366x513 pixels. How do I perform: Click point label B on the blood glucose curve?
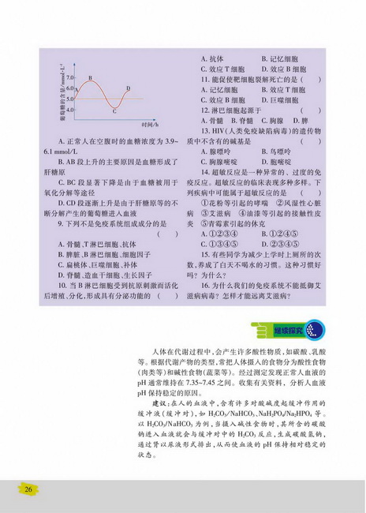point(91,77)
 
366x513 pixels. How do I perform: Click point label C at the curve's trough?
point(115,111)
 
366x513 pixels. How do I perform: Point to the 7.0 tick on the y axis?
point(69,79)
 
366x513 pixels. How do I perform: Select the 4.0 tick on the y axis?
point(69,108)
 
